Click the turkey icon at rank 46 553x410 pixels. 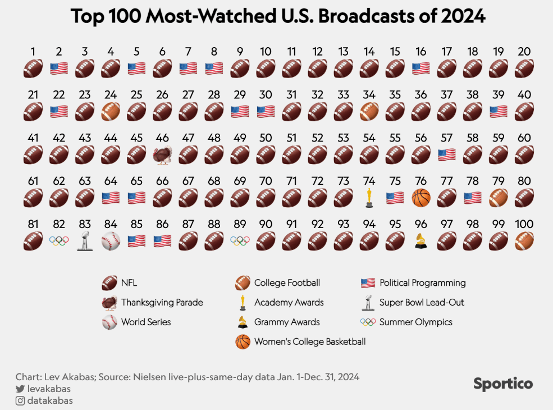[x=162, y=155]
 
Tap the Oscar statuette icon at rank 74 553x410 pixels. [x=369, y=198]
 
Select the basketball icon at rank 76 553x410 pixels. [x=421, y=198]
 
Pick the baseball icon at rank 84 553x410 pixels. [x=111, y=241]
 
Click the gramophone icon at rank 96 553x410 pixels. [x=421, y=241]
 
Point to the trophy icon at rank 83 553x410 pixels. [x=85, y=241]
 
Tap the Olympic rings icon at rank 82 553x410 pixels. [x=59, y=241]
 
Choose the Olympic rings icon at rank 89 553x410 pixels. [x=240, y=241]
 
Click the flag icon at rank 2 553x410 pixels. [x=59, y=69]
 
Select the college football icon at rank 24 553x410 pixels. [x=111, y=112]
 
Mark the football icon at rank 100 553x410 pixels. [x=524, y=241]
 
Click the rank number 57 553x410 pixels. [x=446, y=138]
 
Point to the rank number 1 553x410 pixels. [x=33, y=52]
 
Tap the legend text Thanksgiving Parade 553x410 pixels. [x=162, y=303]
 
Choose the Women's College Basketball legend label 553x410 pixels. [x=309, y=341]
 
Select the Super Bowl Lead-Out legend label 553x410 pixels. [x=422, y=303]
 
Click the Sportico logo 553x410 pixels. [x=502, y=384]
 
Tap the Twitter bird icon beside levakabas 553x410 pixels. [x=20, y=389]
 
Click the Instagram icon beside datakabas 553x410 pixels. [x=20, y=401]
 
